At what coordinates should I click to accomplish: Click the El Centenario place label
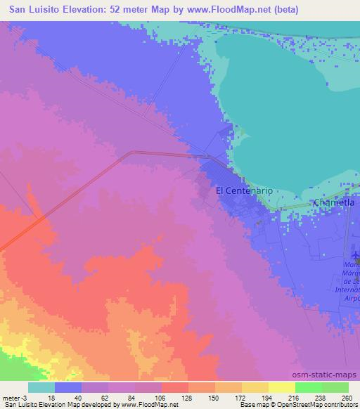point(243,190)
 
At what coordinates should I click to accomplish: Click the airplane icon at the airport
point(355,252)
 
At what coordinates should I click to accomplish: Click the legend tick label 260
point(347,397)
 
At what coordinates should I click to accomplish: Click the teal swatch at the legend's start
point(41,387)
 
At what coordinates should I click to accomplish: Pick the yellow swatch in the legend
point(281,387)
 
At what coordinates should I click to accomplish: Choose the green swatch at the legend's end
point(335,387)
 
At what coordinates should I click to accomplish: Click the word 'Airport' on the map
point(352,298)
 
